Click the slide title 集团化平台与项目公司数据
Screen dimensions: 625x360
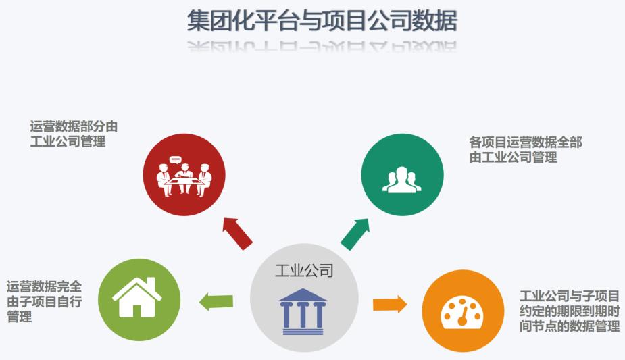tap(322, 21)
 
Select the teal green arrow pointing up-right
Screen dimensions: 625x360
tap(355, 234)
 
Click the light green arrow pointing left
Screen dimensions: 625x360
tap(216, 302)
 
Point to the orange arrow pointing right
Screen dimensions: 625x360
tap(390, 304)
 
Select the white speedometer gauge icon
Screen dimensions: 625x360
tap(462, 312)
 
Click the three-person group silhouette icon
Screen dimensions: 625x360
tap(402, 180)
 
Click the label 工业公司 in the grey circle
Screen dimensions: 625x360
tap(304, 271)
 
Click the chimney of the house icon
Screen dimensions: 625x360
tap(151, 284)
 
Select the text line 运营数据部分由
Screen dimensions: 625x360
tap(74, 126)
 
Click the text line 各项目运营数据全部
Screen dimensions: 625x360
tap(526, 142)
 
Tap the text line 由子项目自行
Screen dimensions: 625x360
tap(44, 301)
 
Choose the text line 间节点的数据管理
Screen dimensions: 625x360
tap(570, 326)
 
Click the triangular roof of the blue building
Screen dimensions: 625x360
tap(303, 294)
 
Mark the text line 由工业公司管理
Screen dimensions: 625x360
tap(513, 157)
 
